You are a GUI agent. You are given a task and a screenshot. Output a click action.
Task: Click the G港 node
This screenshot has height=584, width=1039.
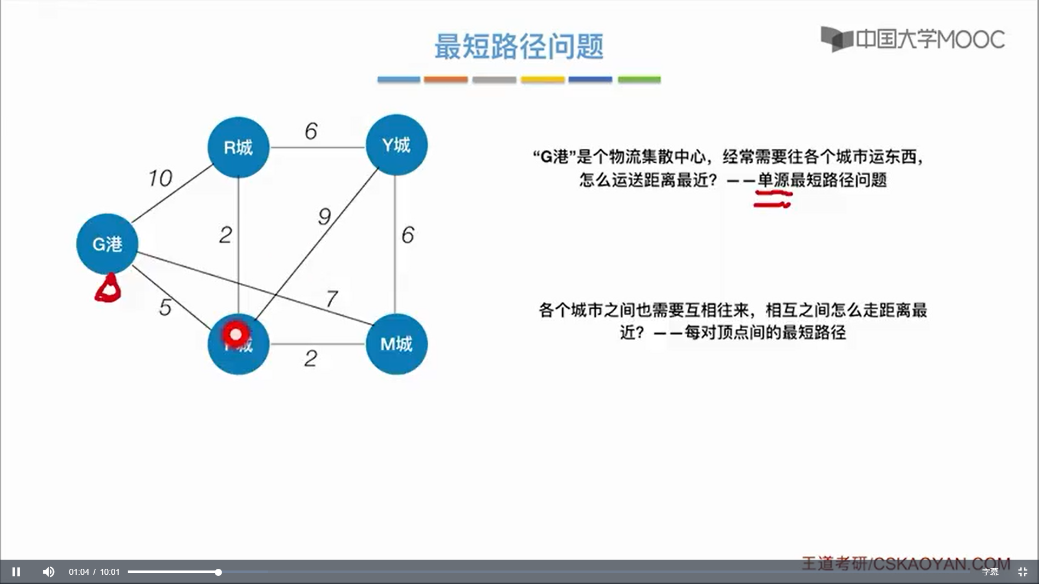pos(107,244)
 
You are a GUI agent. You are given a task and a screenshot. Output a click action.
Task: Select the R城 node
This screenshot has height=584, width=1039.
pos(238,147)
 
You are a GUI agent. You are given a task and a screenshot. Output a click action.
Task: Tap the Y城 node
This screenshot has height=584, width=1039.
pos(396,145)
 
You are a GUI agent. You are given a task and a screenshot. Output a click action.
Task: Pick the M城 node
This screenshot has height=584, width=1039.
pos(396,344)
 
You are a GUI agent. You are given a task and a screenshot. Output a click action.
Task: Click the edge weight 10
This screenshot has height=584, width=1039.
pos(160,178)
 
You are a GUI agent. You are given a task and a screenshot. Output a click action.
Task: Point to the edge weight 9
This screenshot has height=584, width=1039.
pos(324,216)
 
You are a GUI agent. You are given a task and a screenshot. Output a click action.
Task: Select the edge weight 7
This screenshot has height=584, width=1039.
pos(332,298)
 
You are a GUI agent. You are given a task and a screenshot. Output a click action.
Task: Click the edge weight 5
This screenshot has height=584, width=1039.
pos(166,307)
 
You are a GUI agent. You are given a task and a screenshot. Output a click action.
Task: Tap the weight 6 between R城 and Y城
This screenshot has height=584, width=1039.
pos(311,131)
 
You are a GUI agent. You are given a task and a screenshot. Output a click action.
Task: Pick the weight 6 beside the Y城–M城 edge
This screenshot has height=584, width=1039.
pos(407,235)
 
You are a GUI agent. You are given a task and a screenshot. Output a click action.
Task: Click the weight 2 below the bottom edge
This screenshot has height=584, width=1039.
pos(311,358)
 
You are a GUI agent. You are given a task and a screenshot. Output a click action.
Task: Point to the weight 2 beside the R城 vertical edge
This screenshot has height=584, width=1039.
pos(226,235)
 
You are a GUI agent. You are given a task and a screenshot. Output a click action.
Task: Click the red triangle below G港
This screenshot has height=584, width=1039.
pos(108,289)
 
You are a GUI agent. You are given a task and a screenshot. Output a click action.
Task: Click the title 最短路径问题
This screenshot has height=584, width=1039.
pos(518,46)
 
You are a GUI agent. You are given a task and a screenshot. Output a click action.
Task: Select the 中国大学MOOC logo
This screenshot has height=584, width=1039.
pos(912,39)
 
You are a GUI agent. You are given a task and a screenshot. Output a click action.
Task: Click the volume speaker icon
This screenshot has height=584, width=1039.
pos(49,572)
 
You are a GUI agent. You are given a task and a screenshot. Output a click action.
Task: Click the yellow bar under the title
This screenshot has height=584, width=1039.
pos(542,79)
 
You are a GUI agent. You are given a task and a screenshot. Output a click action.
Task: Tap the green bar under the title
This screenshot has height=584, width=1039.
pos(639,79)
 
